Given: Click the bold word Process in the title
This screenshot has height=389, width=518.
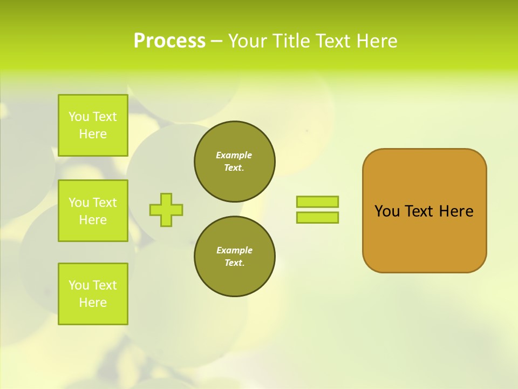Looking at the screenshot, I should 169,41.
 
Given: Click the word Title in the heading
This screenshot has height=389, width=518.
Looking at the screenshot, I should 291,41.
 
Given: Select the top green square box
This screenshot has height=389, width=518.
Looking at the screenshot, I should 93,125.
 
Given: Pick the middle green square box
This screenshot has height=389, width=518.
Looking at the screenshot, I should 93,211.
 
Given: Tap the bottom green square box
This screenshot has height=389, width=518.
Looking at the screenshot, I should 93,293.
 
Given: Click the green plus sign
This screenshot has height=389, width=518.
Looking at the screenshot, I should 166,210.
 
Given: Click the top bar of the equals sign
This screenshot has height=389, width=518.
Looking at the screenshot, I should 317,202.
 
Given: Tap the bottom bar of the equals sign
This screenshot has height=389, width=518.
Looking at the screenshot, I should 317,217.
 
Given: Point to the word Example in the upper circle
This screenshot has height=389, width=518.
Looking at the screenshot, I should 234,155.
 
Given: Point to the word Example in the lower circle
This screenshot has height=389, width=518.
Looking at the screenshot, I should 234,250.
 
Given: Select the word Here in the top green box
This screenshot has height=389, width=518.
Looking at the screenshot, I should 93,134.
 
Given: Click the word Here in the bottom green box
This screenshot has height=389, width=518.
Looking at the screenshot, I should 93,303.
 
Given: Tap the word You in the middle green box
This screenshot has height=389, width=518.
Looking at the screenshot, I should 79,203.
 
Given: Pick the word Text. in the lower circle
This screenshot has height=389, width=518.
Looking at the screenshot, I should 234,263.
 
